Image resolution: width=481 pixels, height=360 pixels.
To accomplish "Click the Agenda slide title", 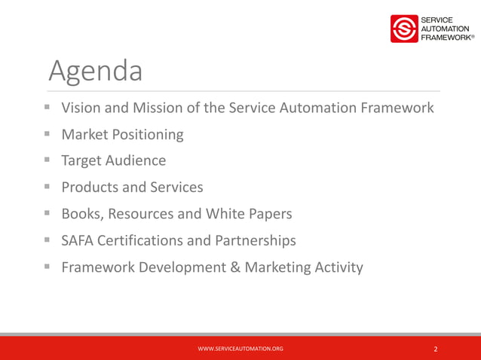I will coord(95,72).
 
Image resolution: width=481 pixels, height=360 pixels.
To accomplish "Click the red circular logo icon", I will coord(403,29).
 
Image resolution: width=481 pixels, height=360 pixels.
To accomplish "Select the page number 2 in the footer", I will coord(436,349).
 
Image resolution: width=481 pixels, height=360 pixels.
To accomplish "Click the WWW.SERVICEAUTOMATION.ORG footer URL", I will coord(240,349).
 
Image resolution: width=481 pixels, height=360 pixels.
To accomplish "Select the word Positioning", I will coord(146,135).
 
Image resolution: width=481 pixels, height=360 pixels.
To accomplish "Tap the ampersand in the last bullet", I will coord(237,267).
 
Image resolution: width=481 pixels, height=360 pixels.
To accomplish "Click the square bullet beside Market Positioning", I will coord(47,135).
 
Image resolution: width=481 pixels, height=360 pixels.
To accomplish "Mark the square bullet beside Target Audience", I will coord(47,161).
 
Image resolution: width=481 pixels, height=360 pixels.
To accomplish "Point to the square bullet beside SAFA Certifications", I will coord(47,240).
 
